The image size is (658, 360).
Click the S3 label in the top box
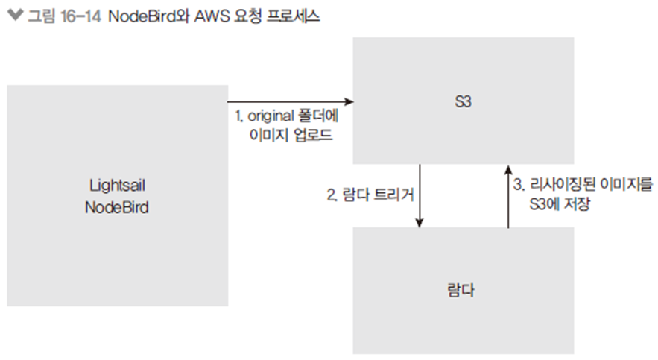tap(463, 101)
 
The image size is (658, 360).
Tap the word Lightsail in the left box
tap(117, 184)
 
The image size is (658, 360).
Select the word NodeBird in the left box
tap(117, 207)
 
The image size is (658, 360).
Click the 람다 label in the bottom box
tap(463, 291)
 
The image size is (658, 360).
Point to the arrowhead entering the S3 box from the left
tap(348, 101)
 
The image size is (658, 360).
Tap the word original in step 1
tap(272, 117)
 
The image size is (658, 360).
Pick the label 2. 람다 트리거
tap(370, 195)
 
